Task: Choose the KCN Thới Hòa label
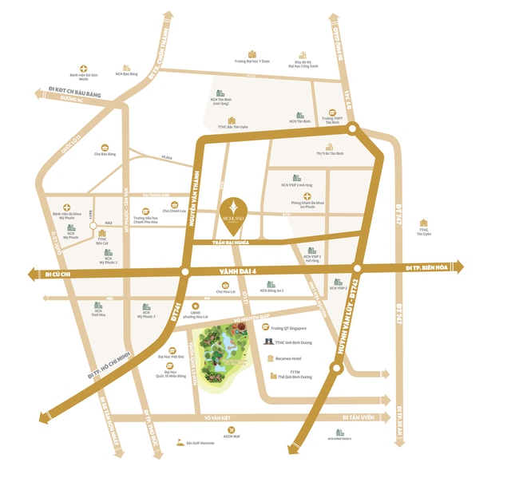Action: pos(98,315)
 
